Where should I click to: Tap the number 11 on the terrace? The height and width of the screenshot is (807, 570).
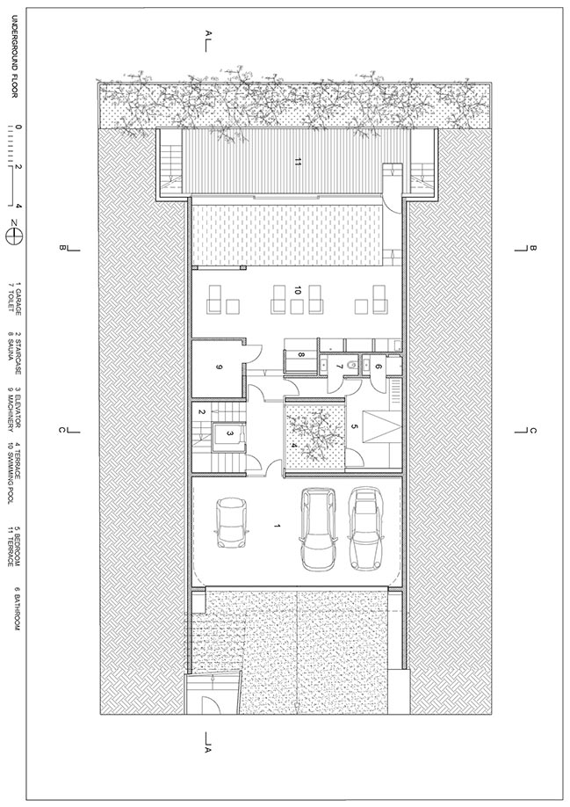coord(298,162)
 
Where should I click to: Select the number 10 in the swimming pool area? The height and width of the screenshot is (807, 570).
coord(298,290)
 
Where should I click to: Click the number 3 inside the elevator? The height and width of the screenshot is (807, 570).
coord(229,434)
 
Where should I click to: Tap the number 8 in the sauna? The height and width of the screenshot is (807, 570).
coord(302,354)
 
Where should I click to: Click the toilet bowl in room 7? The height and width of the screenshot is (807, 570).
coord(352,366)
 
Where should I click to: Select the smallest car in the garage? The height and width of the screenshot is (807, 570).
coord(231,522)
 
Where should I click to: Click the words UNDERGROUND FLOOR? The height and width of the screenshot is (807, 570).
coord(14,56)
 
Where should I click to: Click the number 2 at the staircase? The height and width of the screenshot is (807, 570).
coord(202,411)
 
